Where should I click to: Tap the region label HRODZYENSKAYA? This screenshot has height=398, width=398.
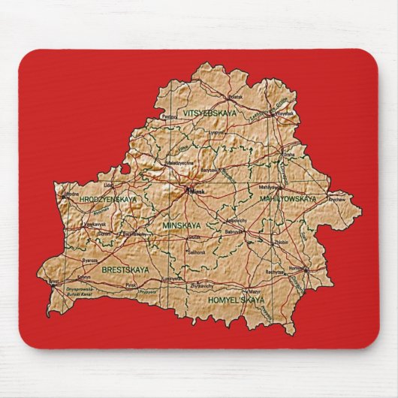(108, 199)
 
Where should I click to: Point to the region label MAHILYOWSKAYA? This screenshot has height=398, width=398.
(288, 199)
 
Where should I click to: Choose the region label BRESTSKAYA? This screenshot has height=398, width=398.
(126, 268)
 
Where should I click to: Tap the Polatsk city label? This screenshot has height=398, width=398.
(236, 97)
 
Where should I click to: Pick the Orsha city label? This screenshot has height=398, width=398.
(288, 155)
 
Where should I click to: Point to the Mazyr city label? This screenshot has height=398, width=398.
(255, 291)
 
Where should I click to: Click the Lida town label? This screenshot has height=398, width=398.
(109, 182)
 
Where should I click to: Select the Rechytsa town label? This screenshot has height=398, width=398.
(274, 271)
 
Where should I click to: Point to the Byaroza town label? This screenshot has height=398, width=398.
(90, 258)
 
